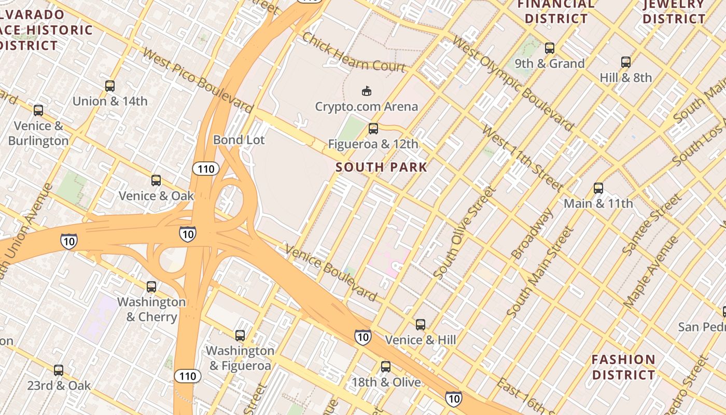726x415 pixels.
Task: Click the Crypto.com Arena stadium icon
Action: tap(367, 91)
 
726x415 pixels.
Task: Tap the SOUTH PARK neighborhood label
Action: tap(381, 167)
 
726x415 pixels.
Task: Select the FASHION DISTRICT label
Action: tap(623, 367)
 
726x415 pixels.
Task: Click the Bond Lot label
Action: tap(239, 140)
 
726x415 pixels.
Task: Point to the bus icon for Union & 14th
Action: tap(110, 86)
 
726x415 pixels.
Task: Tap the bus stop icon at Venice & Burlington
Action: tap(38, 110)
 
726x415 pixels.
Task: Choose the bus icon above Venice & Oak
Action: tap(156, 181)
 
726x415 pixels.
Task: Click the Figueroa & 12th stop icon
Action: tap(373, 129)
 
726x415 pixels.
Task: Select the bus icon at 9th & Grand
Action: tap(550, 49)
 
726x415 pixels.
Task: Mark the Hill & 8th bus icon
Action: tap(626, 62)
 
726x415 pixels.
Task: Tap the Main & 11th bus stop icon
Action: tap(598, 188)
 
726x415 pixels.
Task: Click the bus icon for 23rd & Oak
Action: tap(59, 370)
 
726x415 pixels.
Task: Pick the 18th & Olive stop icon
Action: tap(386, 367)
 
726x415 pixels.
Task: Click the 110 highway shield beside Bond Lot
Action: tap(206, 169)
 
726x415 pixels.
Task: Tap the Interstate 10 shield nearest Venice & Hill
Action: tap(363, 337)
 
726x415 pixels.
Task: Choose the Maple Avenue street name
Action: tap(651, 273)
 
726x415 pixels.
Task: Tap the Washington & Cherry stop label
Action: tap(151, 309)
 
